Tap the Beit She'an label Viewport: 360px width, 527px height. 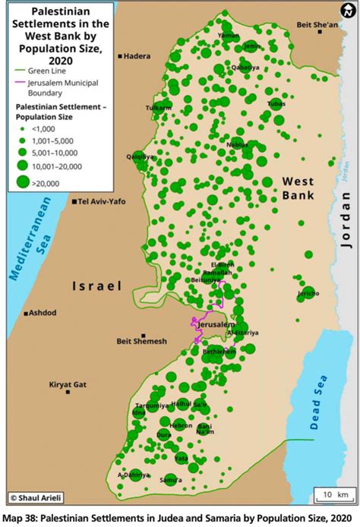(x=317, y=25)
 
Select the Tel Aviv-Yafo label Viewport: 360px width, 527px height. (x=102, y=202)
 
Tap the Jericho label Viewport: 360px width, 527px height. (x=308, y=292)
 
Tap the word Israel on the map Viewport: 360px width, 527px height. (x=96, y=286)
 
